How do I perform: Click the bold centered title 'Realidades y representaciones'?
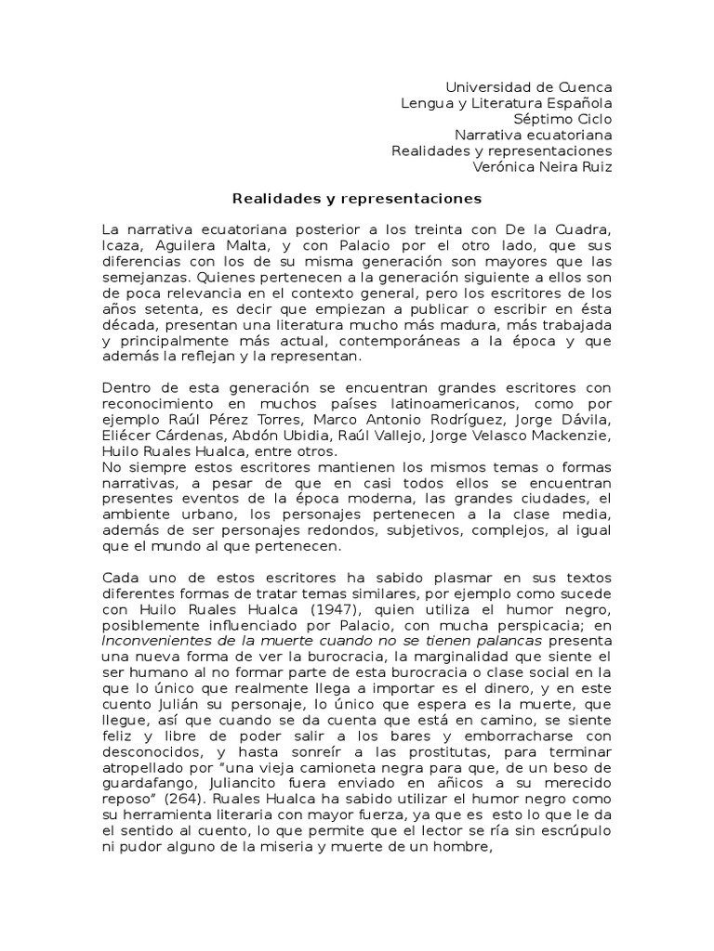point(357,198)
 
